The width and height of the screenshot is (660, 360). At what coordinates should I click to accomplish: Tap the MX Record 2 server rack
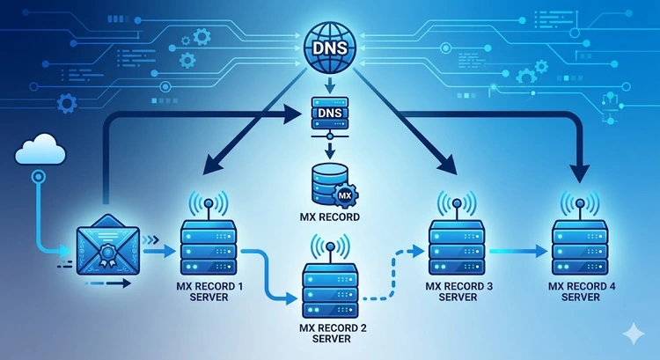click(327, 291)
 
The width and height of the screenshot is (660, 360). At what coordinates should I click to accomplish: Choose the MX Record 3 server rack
click(455, 247)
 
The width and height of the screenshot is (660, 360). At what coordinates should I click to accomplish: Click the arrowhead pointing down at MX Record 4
click(579, 165)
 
